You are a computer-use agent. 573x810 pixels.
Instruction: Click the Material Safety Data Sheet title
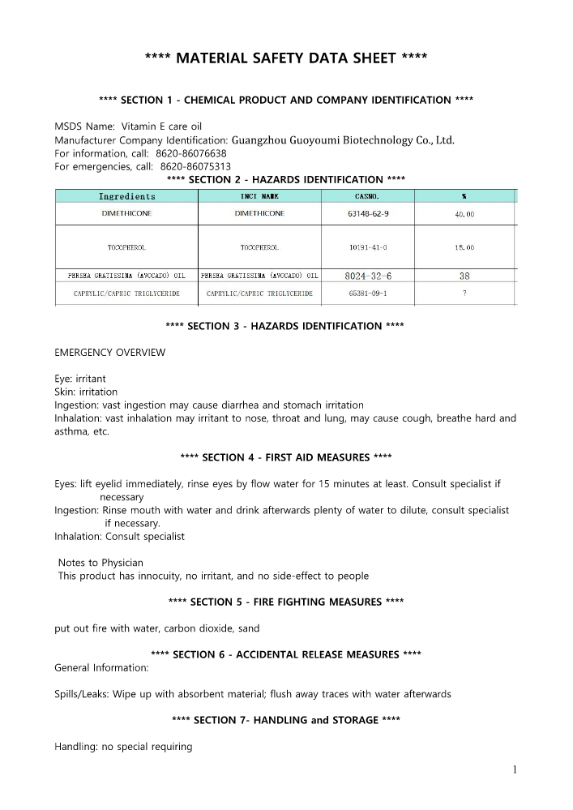[286, 58]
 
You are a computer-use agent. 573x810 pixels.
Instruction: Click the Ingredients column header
[127, 196]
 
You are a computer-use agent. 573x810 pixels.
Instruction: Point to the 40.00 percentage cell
[464, 214]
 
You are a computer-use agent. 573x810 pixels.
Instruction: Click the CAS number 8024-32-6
[370, 276]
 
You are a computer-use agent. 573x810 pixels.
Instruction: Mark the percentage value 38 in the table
[464, 276]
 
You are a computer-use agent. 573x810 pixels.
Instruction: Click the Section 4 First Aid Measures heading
[286, 457]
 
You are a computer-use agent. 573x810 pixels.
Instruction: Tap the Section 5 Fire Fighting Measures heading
[286, 602]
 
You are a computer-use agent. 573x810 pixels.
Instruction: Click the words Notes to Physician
[101, 563]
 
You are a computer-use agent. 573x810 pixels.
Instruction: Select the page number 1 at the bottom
[514, 770]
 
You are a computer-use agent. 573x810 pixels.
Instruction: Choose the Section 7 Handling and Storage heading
[286, 720]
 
